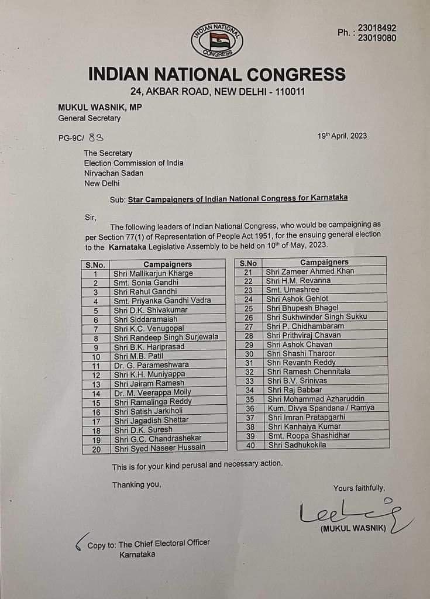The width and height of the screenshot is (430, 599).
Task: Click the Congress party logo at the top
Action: pyautogui.click(x=216, y=40)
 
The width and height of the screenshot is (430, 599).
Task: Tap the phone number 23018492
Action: pyautogui.click(x=377, y=27)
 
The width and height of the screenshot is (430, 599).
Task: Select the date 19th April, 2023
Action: pyautogui.click(x=342, y=136)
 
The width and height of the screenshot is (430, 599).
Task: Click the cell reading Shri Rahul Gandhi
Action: pyautogui.click(x=146, y=291)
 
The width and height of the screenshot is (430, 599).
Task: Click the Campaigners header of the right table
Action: pyautogui.click(x=324, y=262)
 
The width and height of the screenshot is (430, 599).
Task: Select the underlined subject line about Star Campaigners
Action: pyautogui.click(x=238, y=198)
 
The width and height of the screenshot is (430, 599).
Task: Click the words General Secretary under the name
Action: pyautogui.click(x=89, y=118)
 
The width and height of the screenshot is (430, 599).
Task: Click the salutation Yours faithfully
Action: pyautogui.click(x=359, y=488)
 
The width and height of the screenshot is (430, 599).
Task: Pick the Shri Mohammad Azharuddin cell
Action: pyautogui.click(x=314, y=399)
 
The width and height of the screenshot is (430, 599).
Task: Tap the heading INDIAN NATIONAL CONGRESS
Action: pyautogui.click(x=216, y=74)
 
